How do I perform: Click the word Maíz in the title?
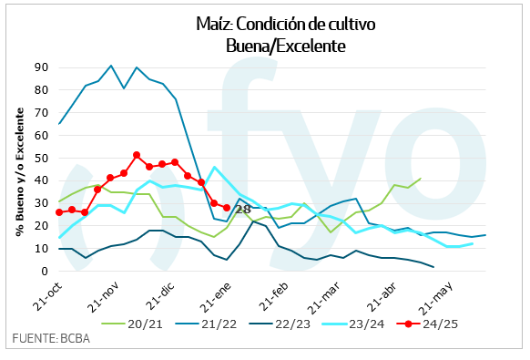click(x=215, y=25)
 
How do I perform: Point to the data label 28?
click(x=242, y=209)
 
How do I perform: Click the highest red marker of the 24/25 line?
click(x=137, y=155)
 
